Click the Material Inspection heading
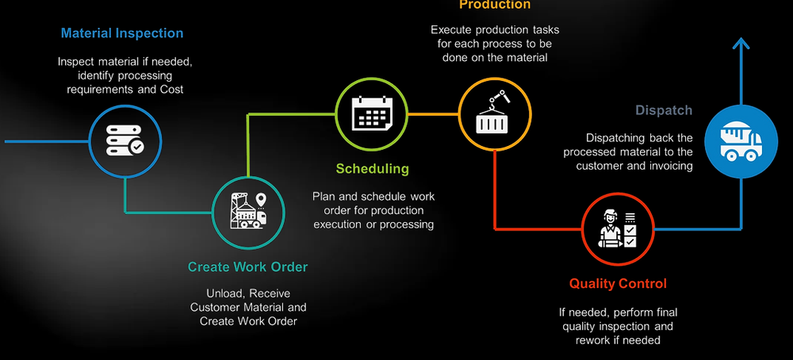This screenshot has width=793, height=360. click(x=122, y=34)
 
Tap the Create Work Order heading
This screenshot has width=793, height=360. click(x=247, y=267)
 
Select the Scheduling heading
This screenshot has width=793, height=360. click(x=372, y=169)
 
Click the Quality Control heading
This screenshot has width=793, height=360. click(x=618, y=284)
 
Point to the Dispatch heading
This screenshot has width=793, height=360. click(x=664, y=111)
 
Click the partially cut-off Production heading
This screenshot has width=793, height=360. click(x=495, y=5)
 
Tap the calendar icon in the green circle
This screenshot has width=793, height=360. click(x=372, y=116)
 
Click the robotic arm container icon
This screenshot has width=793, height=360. click(x=495, y=116)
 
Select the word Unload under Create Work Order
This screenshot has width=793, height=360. click(x=225, y=293)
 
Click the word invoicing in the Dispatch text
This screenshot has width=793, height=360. click(x=670, y=166)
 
